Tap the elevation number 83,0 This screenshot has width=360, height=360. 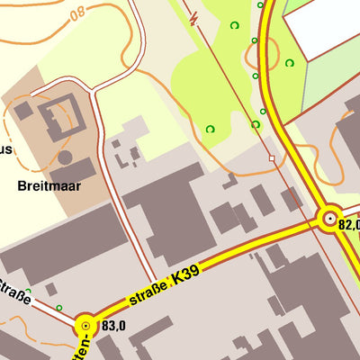click(113, 327)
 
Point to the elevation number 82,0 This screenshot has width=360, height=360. click(348, 224)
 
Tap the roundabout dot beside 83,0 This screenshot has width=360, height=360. click(85, 326)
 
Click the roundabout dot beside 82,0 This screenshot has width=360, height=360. click(330, 218)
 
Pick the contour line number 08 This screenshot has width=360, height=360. click(77, 13)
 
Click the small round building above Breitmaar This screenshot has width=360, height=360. click(65, 157)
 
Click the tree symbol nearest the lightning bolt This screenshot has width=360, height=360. click(235, 25)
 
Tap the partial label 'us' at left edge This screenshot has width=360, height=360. click(6, 150)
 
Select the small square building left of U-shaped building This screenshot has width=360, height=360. click(22, 111)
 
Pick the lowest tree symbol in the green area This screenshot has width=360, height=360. click(211, 129)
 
